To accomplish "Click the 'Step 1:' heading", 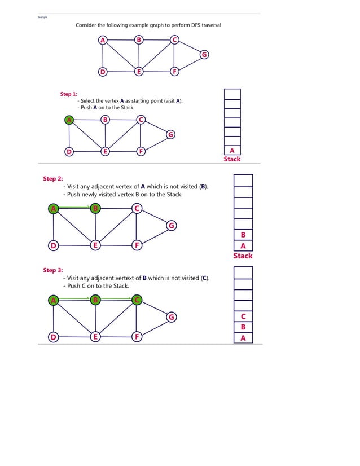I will pyautogui.click(x=69, y=94).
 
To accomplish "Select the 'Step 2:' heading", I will pyautogui.click(x=53, y=179).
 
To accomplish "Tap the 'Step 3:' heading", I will pyautogui.click(x=53, y=270).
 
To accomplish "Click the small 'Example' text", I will pyautogui.click(x=42, y=17).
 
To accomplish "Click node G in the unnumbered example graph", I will pyautogui.click(x=204, y=54).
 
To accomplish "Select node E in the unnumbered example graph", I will pyautogui.click(x=138, y=72).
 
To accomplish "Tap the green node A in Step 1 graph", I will pyautogui.click(x=69, y=120).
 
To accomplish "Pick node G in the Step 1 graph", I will pyautogui.click(x=170, y=134).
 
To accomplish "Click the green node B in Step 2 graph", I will pyautogui.click(x=96, y=209).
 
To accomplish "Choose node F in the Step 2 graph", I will pyautogui.click(x=137, y=245).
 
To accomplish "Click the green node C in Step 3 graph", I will pyautogui.click(x=137, y=300).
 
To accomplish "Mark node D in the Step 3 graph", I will pyautogui.click(x=53, y=337).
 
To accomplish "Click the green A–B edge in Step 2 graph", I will pyautogui.click(x=74, y=207).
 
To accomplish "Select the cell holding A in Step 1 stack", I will pyautogui.click(x=232, y=150).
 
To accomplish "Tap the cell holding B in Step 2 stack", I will pyautogui.click(x=243, y=235).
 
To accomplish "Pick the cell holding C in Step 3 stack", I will pyautogui.click(x=243, y=316).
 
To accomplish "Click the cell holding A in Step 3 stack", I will pyautogui.click(x=243, y=338).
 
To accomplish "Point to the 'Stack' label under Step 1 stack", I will pyautogui.click(x=232, y=159).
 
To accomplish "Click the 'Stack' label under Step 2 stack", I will pyautogui.click(x=243, y=256).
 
